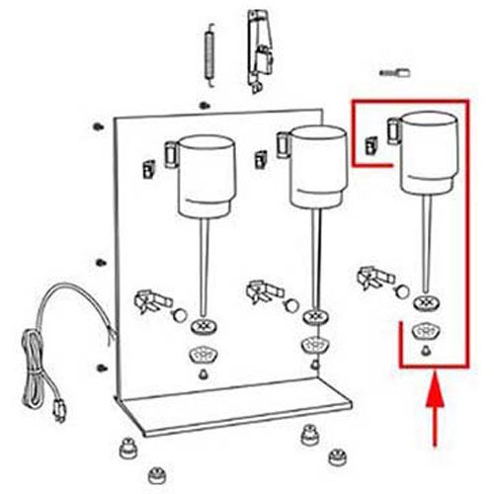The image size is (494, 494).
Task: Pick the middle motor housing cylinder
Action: (317, 168)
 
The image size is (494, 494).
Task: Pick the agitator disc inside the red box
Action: (427, 301)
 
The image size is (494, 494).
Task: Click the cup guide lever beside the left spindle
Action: (150, 298)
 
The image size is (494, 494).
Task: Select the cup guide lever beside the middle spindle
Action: (265, 290)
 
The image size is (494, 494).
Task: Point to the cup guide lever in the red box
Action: (377, 275)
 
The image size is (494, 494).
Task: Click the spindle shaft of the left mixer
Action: (204, 267)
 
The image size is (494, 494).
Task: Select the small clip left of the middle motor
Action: (260, 155)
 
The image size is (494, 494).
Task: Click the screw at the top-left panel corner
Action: (99, 126)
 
